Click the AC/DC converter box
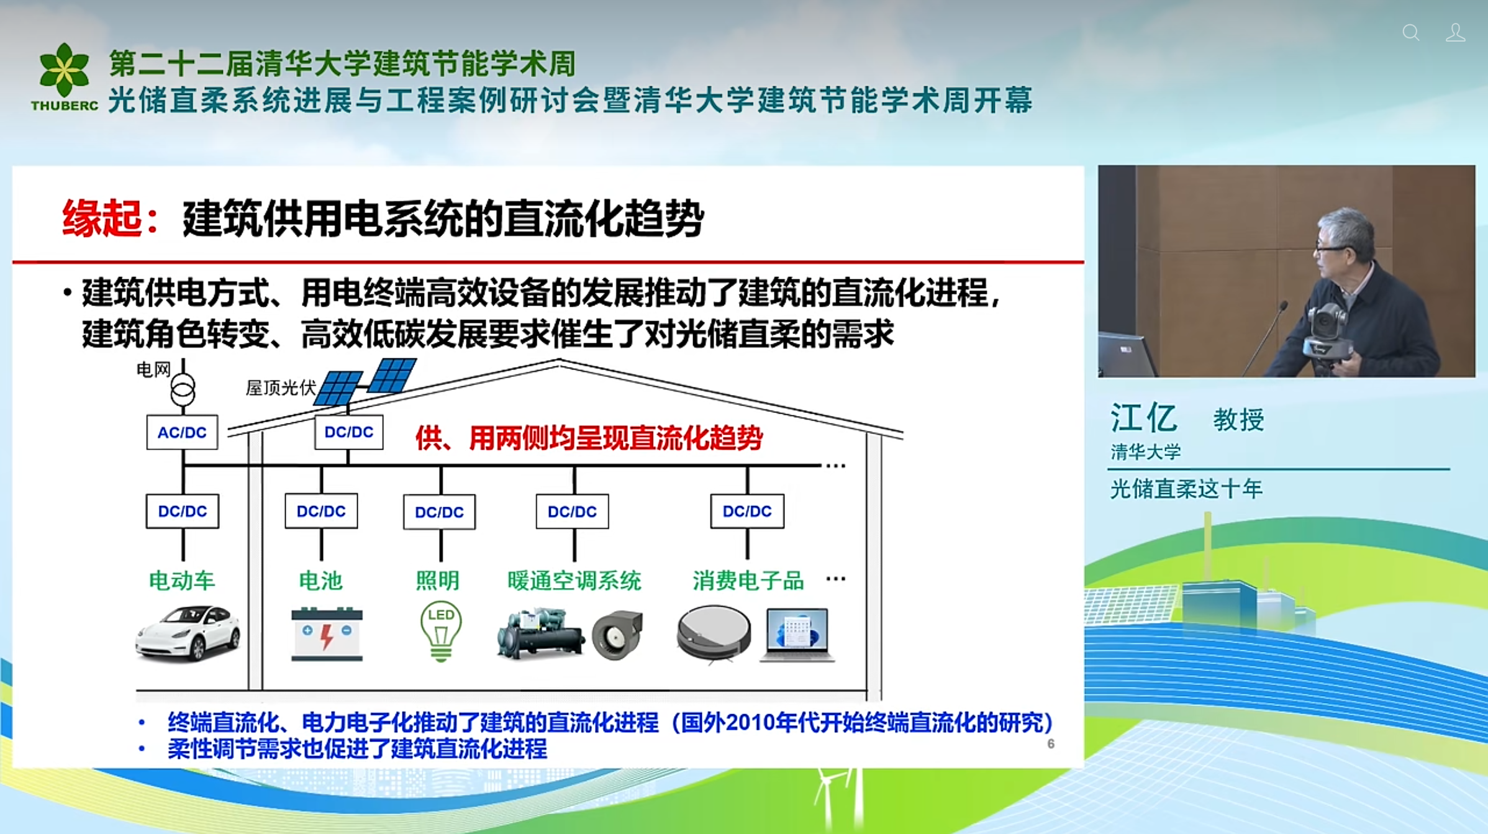tap(182, 432)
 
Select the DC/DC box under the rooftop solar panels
tap(348, 432)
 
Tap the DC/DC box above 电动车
tap(183, 511)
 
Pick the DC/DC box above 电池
tap(321, 511)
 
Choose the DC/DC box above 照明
tap(439, 512)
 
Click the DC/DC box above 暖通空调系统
tap(572, 511)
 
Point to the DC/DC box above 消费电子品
tap(747, 511)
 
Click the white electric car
tap(188, 633)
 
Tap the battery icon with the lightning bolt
tap(327, 634)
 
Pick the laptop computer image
tap(797, 635)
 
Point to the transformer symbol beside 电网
tap(183, 389)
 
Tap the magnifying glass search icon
tap(1411, 33)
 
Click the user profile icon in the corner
tap(1455, 33)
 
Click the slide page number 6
tap(1051, 743)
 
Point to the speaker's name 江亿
tap(1143, 417)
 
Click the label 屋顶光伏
tap(281, 388)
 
